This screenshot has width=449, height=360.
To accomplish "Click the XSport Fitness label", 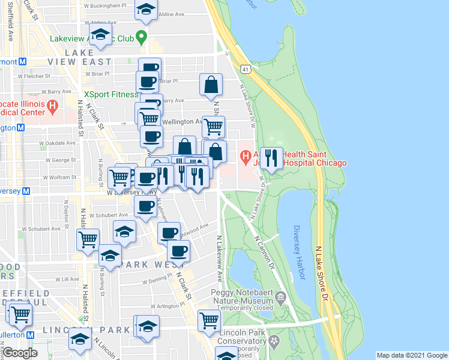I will coord(111,94).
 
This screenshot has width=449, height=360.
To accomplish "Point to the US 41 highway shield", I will coord(245,70).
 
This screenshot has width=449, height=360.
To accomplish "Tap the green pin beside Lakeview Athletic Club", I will coord(141,38).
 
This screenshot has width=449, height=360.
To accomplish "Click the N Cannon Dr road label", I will coord(264,250).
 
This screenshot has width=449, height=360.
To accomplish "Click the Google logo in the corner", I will coord(19,353).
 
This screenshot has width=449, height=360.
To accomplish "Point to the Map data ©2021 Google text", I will coord(411,355).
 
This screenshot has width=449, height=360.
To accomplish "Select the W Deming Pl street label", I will coord(157,280).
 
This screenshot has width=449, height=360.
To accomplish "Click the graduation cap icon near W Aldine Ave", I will coord(145,9).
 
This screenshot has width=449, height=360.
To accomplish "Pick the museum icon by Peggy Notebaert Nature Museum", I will coord(280,297).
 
